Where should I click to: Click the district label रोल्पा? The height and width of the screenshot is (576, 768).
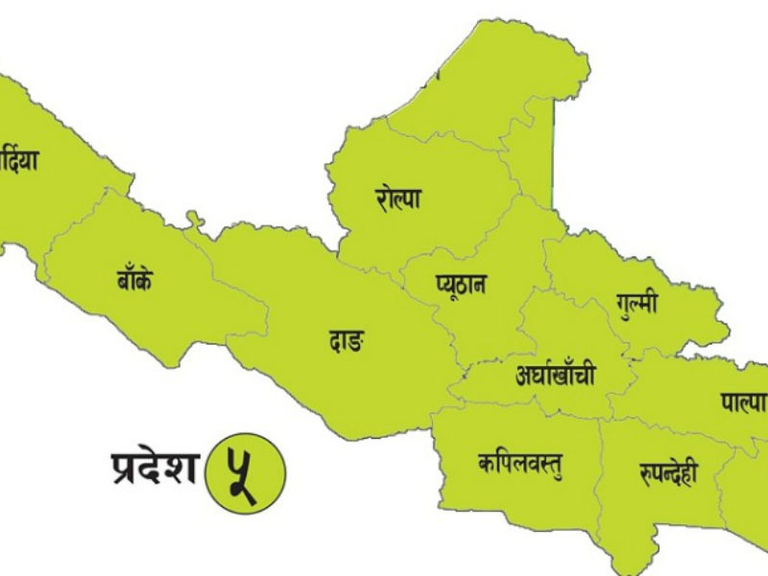click(x=398, y=200)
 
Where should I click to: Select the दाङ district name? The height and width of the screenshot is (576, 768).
click(x=347, y=340)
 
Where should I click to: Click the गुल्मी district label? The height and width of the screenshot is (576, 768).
click(x=636, y=304)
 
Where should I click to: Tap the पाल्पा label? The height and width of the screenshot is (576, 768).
click(x=743, y=401)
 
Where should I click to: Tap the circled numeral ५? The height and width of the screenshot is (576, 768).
click(x=247, y=468)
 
